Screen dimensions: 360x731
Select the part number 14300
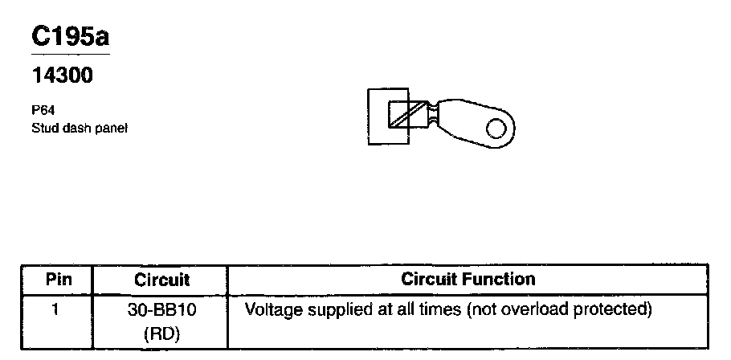pos(62,76)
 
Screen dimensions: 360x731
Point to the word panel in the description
pos(112,127)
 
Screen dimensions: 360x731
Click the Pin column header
pos(57,280)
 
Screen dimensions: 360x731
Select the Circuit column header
pos(162,280)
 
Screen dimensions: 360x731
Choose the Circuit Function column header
pos(468,280)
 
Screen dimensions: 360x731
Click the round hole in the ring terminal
pos(498,128)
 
